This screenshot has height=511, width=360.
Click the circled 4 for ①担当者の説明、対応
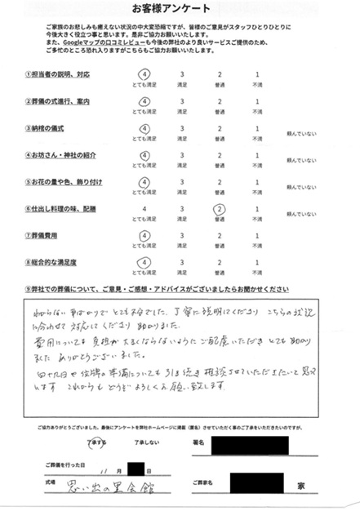point(144,76)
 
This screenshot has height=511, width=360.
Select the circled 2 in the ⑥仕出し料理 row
point(219,209)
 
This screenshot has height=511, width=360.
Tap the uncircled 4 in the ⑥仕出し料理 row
point(144,209)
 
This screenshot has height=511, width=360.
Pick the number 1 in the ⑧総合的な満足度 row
point(258,262)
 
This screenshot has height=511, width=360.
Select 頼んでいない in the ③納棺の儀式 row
point(300,136)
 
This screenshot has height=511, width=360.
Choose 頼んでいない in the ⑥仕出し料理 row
point(300,216)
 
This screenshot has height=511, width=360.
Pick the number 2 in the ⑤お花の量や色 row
point(219,182)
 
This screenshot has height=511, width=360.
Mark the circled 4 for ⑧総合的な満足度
point(144,262)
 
